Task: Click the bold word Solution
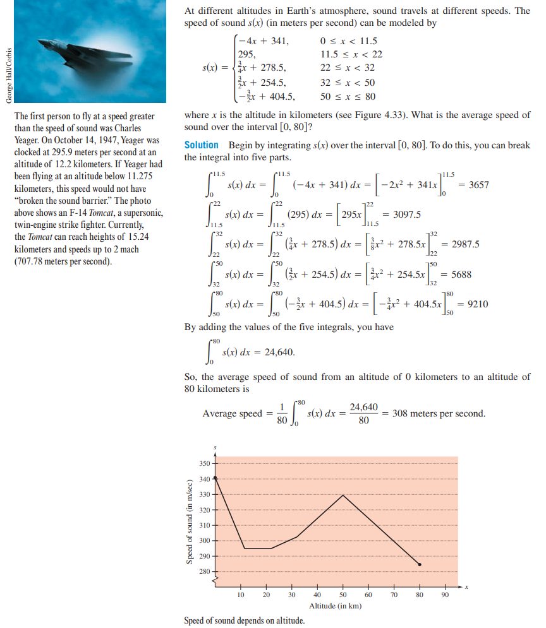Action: pos(201,145)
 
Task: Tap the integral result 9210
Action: pos(476,304)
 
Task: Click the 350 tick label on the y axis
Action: pos(204,464)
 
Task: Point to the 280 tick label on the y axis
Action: pos(204,572)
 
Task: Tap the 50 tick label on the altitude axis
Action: pos(343,594)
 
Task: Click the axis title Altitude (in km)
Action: pos(335,606)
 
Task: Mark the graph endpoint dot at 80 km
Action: pos(419,564)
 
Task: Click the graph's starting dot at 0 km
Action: pos(215,478)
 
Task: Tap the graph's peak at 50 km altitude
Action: pos(343,495)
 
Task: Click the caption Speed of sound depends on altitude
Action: pos(244,620)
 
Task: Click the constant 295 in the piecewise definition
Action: pos(246,55)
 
